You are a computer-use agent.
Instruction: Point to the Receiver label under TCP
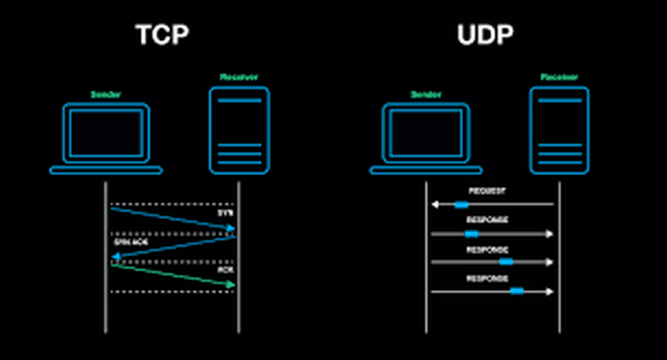point(238,77)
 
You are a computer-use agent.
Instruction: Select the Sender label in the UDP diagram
point(426,94)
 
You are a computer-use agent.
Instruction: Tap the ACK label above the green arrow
point(225,270)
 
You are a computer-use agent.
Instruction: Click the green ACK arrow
point(174,275)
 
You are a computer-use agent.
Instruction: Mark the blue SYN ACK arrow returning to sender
point(174,247)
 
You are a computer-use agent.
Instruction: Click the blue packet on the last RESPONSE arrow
point(516,291)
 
